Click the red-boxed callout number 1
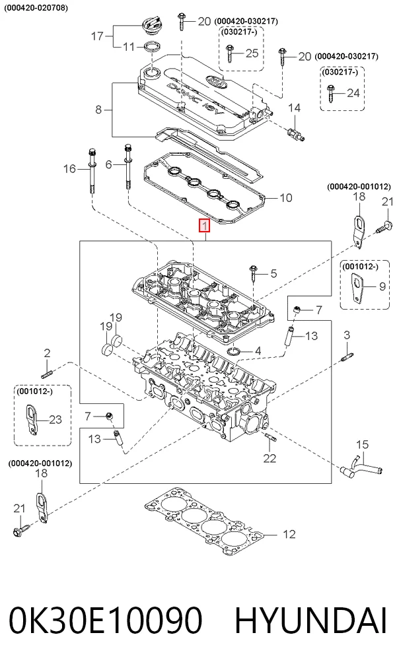[x=205, y=225]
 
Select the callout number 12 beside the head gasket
[x=289, y=534]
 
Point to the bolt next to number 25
[x=229, y=53]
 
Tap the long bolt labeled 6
[x=127, y=166]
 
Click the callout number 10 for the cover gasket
[x=285, y=197]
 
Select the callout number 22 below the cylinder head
[x=270, y=458]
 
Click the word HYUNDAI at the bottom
[x=311, y=621]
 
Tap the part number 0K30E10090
[x=106, y=621]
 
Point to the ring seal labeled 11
[x=151, y=47]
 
